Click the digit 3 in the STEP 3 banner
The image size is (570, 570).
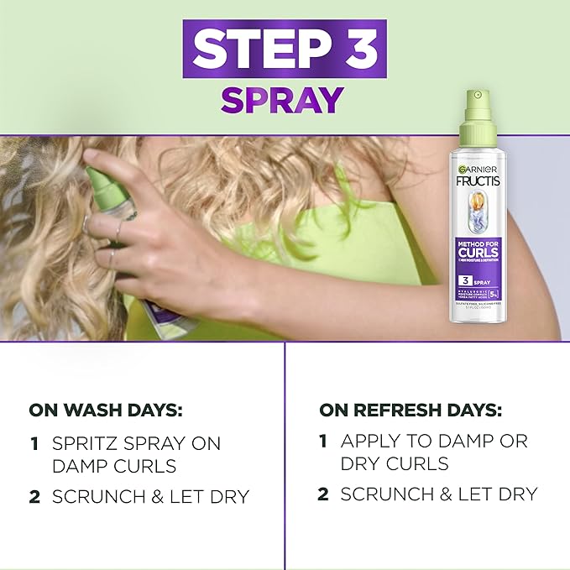[355, 51]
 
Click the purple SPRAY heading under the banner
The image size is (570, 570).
[282, 99]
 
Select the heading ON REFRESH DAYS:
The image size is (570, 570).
[411, 411]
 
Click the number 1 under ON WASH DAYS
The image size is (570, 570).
[34, 442]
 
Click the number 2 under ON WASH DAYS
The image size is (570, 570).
[34, 496]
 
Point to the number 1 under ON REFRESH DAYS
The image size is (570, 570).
[323, 440]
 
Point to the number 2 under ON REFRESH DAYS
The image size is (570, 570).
[323, 494]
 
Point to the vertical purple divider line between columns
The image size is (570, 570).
[285, 453]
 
